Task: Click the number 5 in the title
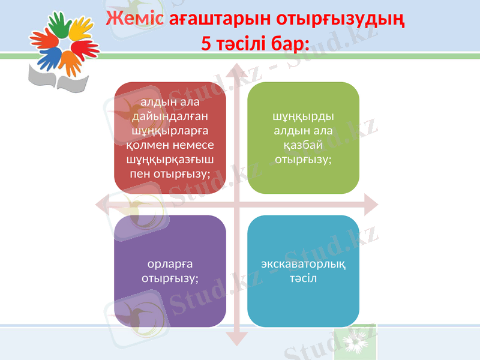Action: (206, 43)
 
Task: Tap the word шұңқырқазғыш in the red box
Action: (171, 159)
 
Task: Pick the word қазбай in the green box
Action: (304, 145)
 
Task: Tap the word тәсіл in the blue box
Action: (304, 278)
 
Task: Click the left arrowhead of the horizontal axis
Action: (103, 203)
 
